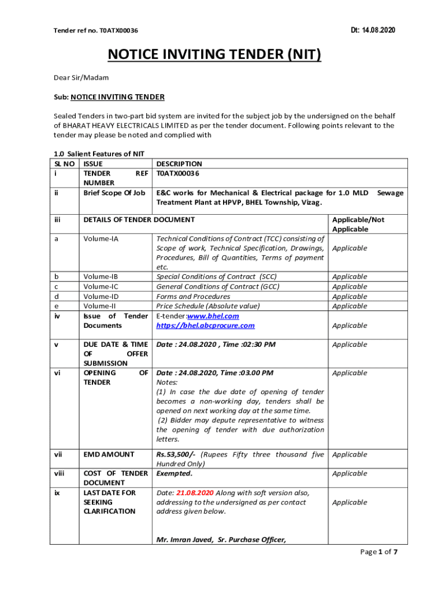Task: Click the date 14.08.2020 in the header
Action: tap(379, 30)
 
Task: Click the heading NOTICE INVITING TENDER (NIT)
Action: tap(214, 55)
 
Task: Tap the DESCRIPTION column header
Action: tap(179, 164)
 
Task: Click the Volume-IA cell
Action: tap(101, 238)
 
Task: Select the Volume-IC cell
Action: tap(101, 287)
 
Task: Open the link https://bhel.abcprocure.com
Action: tap(205, 326)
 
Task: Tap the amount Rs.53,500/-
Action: tap(177, 454)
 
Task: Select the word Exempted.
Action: tap(174, 473)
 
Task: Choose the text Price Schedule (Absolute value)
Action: tap(208, 306)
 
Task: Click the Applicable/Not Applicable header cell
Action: tap(358, 224)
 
